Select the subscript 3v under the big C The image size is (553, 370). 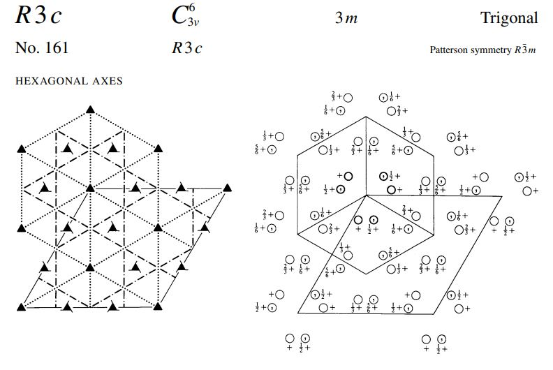point(193,23)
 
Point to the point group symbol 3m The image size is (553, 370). point(346,19)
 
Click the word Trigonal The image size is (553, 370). point(509,18)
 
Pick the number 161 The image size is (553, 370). point(55,48)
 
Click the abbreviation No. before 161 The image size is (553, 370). point(25,48)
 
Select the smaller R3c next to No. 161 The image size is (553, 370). point(186,48)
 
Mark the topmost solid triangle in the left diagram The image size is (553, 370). point(90,109)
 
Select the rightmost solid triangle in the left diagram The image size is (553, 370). point(226,188)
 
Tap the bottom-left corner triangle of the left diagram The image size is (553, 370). point(22,306)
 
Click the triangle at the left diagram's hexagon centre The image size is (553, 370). point(90,188)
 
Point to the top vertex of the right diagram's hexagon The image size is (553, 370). point(366,116)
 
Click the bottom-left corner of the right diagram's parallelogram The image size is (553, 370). point(298,313)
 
